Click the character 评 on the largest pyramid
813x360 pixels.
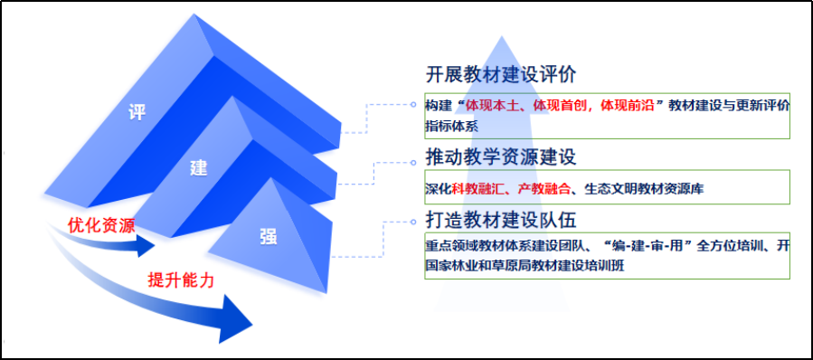pyautogui.click(x=137, y=113)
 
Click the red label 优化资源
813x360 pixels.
pyautogui.click(x=101, y=225)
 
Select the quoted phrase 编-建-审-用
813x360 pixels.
pyautogui.click(x=653, y=246)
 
